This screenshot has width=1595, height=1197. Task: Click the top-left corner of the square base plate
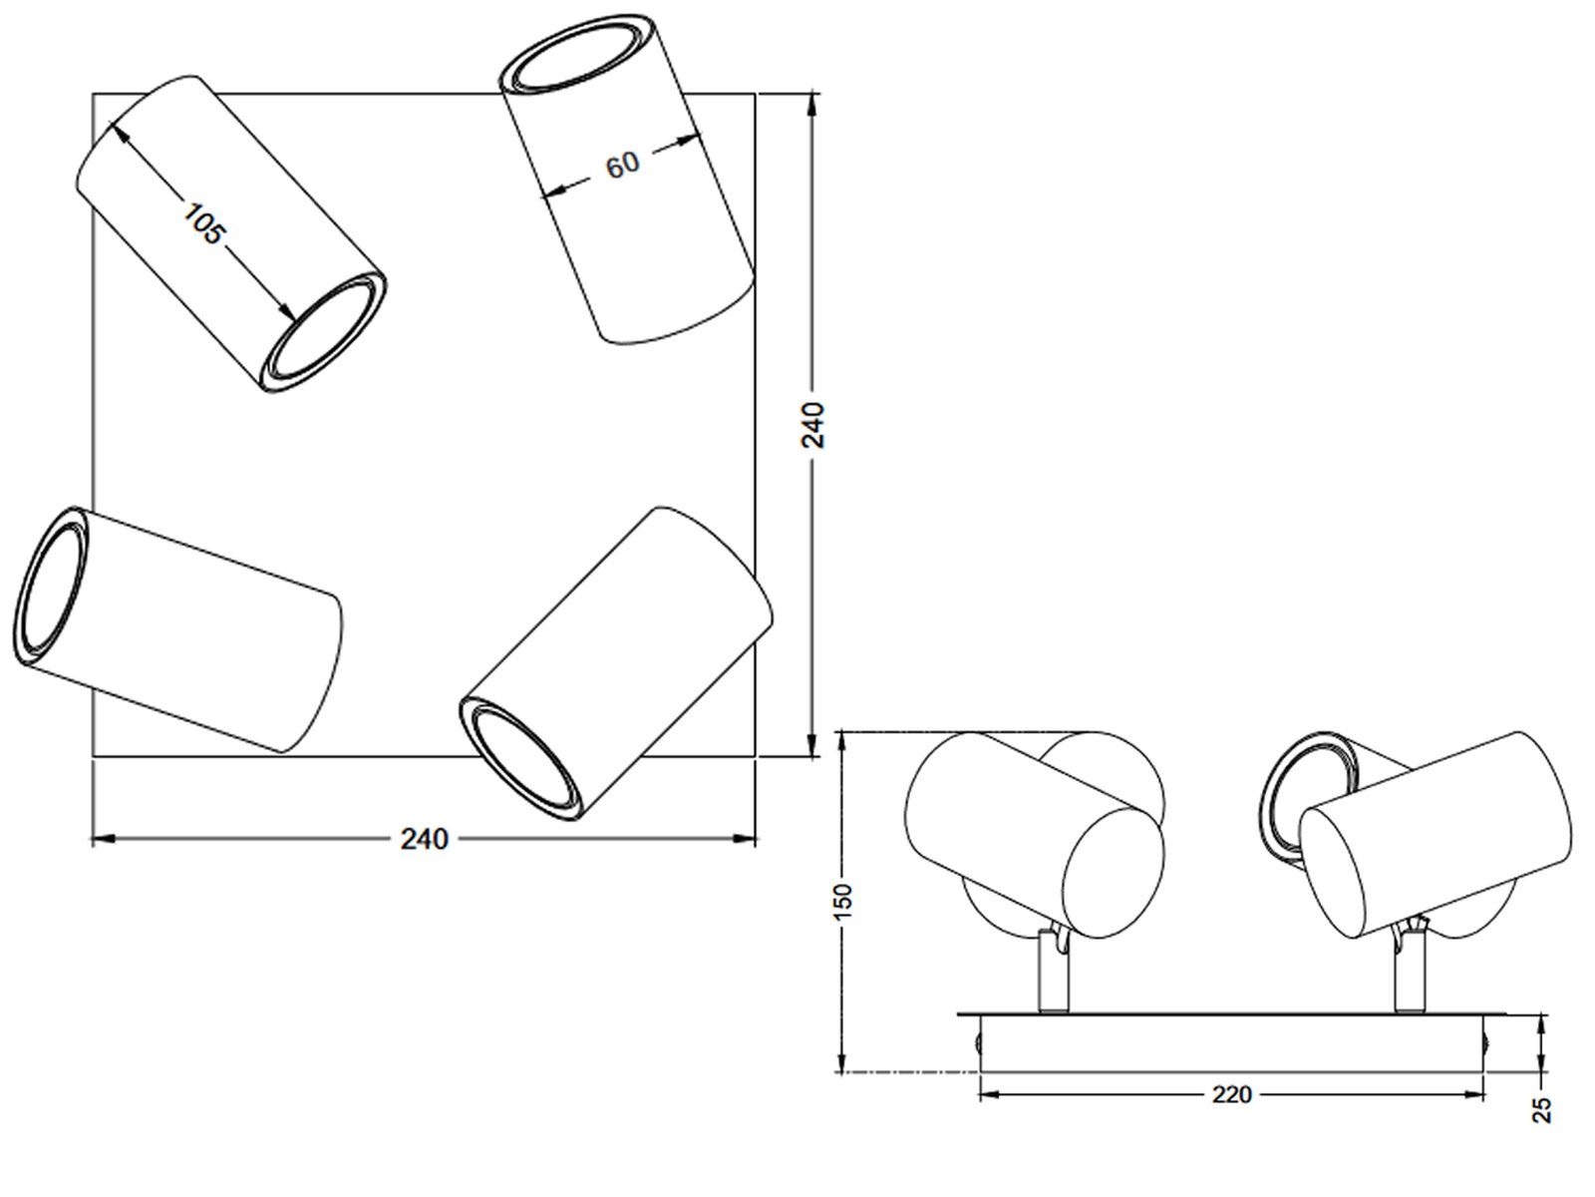[93, 94]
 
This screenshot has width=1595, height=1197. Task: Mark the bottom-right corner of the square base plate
[755, 756]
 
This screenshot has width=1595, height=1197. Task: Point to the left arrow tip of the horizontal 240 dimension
[93, 839]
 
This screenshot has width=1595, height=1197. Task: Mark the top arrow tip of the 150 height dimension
[841, 732]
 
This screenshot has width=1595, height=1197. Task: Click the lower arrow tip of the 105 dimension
[294, 320]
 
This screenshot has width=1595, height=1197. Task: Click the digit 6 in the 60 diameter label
[615, 168]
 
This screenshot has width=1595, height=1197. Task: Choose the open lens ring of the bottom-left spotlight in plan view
[52, 586]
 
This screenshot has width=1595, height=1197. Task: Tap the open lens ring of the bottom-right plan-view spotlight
[521, 758]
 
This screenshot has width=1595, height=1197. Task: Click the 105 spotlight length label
[204, 223]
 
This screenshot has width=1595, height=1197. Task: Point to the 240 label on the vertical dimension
[813, 425]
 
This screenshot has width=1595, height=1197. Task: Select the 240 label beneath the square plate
[425, 840]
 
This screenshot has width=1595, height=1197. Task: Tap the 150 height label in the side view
[843, 902]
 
